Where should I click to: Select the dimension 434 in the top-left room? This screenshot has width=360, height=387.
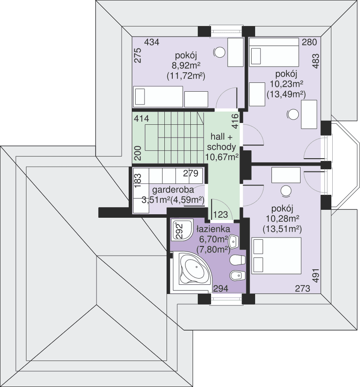click(152, 42)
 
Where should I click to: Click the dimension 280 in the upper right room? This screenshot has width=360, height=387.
click(310, 42)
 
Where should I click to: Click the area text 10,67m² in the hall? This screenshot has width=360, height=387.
click(222, 156)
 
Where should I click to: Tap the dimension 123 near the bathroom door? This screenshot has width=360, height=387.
click(220, 215)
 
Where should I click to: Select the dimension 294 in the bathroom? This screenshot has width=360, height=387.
click(221, 289)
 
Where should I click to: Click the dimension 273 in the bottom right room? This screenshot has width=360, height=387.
click(302, 289)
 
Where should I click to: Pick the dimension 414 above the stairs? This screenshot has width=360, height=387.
click(142, 119)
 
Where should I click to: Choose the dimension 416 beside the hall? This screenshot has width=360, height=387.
click(235, 121)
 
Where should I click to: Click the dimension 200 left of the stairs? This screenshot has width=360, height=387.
click(137, 153)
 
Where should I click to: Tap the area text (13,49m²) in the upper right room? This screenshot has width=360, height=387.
click(286, 93)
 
